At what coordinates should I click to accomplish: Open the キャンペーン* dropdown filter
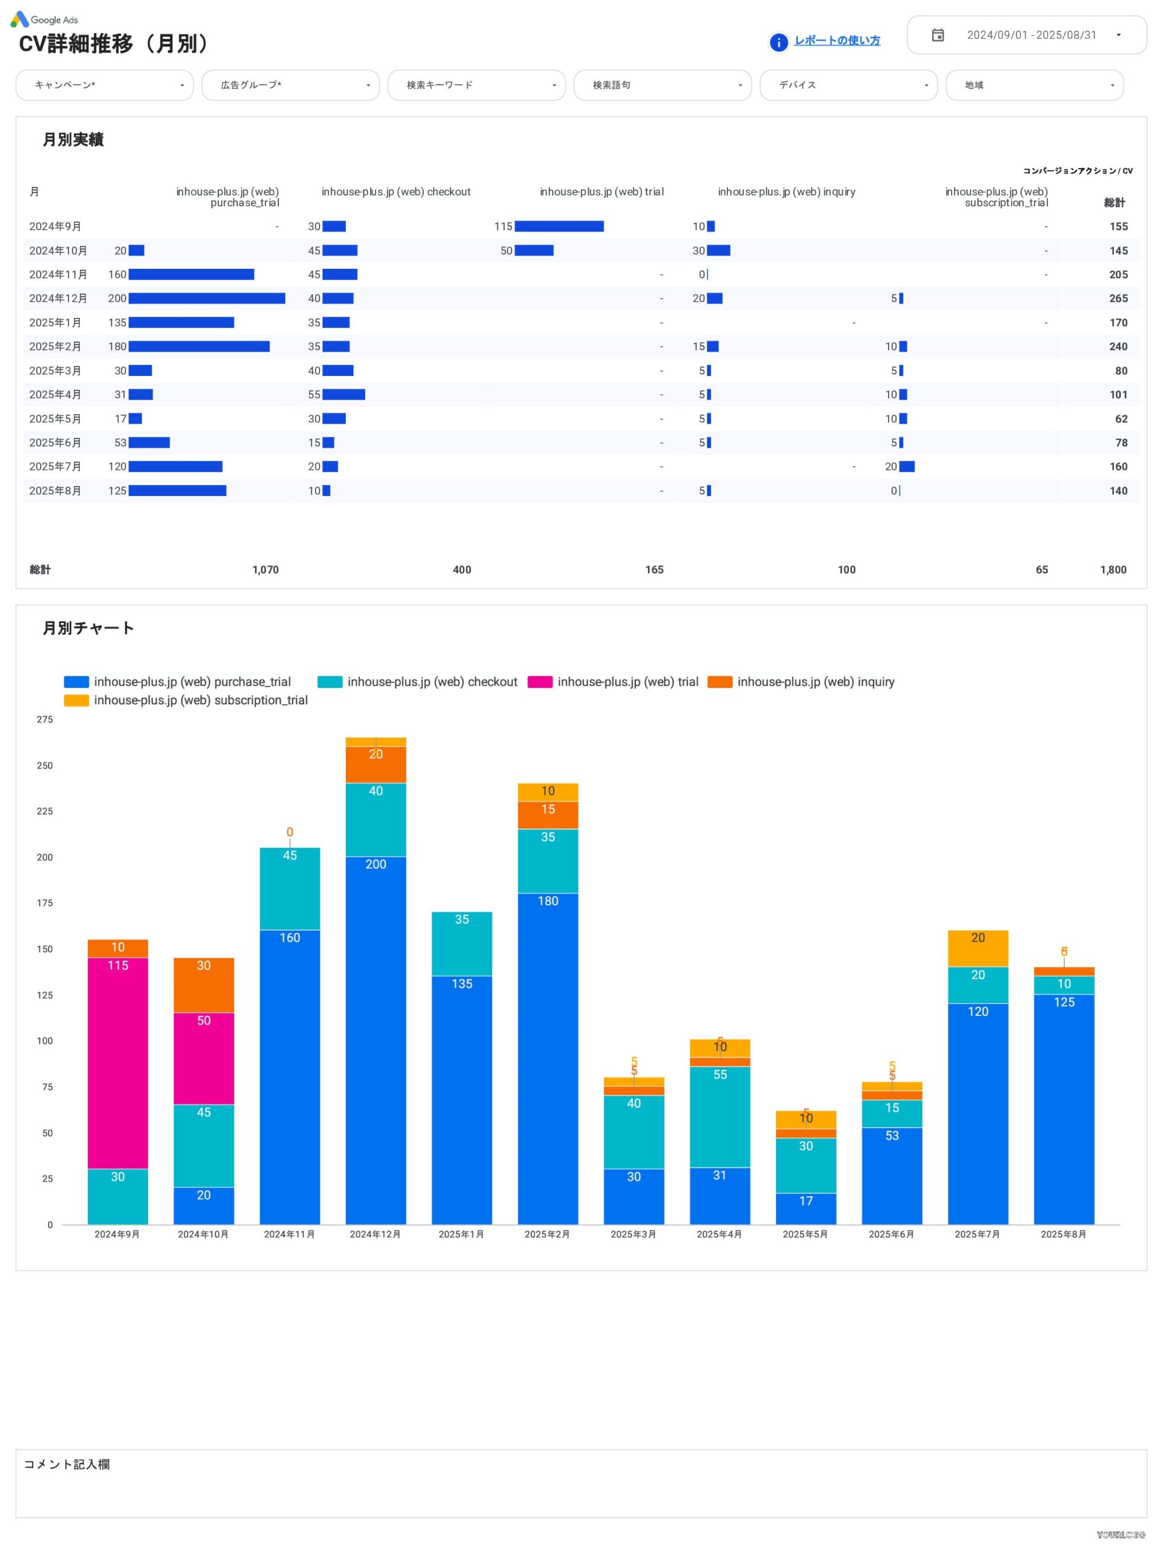[x=104, y=85]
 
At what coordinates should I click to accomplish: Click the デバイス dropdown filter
[x=847, y=85]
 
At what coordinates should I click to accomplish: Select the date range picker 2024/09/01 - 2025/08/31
[x=1026, y=35]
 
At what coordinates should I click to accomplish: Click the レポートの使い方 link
[x=837, y=41]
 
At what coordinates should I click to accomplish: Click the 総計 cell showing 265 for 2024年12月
[x=1118, y=298]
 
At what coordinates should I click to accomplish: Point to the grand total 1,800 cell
[x=1113, y=570]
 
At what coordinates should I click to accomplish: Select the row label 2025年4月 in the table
[x=55, y=395]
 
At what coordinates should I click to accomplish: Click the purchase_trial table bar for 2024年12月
[x=207, y=298]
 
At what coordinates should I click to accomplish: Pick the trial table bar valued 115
[x=558, y=226]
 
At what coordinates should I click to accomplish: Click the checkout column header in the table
[x=396, y=192]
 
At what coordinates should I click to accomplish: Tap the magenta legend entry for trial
[x=614, y=682]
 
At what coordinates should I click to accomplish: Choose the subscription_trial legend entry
[x=186, y=700]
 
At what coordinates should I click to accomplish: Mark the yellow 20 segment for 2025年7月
[x=977, y=948]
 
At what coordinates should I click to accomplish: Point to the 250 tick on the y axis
[x=45, y=765]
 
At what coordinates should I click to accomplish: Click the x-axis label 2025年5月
[x=805, y=1234]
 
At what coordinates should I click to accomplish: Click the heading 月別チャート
[x=88, y=628]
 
